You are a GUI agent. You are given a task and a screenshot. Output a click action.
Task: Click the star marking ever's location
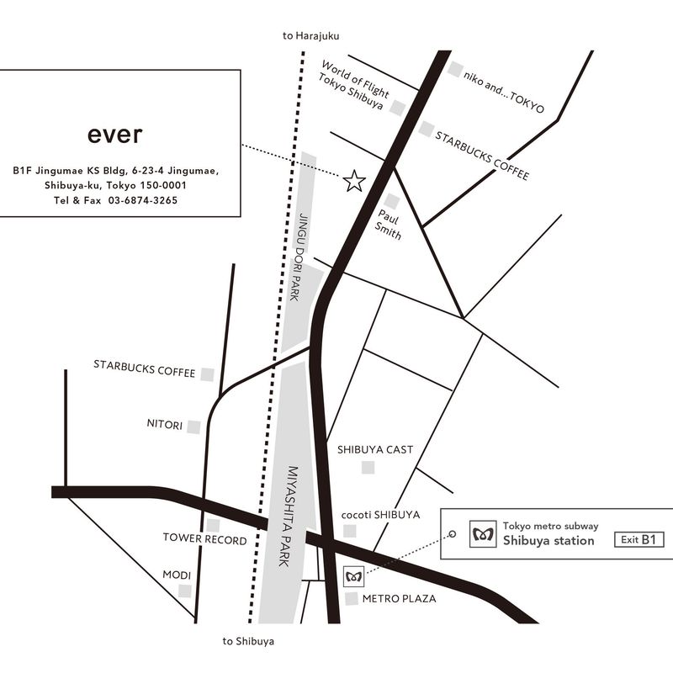pos(354,181)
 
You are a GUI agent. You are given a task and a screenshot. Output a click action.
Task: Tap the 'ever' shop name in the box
pos(114,135)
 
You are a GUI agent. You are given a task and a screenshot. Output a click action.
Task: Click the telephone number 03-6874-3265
pos(143,200)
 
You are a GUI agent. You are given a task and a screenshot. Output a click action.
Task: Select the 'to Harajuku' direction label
pos(310,36)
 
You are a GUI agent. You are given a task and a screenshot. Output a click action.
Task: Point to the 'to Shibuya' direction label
pos(248,641)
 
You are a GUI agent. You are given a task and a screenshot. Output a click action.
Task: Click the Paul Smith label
pos(389,225)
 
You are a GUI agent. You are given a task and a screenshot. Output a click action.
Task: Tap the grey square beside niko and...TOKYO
pos(455,69)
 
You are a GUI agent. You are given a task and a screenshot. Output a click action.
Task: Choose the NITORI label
pos(165,425)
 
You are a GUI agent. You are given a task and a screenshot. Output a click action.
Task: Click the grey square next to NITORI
pos(193,427)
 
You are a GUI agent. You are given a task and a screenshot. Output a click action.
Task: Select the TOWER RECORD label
pos(205,539)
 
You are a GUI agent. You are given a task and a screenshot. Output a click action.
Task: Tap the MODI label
pos(177,575)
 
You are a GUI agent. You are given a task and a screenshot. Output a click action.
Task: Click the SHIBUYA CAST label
pos(375,449)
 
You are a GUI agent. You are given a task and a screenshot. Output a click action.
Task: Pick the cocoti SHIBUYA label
pos(381,515)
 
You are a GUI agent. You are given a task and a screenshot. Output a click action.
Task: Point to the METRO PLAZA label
pos(399,598)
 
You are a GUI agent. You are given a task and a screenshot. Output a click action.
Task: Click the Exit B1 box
pos(639,539)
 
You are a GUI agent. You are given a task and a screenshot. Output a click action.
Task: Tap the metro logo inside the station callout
pos(483,534)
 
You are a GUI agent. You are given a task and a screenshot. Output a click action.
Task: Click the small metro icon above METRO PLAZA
pos(353,576)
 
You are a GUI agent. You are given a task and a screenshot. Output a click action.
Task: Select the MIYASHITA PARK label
pos(289,516)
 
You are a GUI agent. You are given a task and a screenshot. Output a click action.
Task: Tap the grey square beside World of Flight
pos(398,108)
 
